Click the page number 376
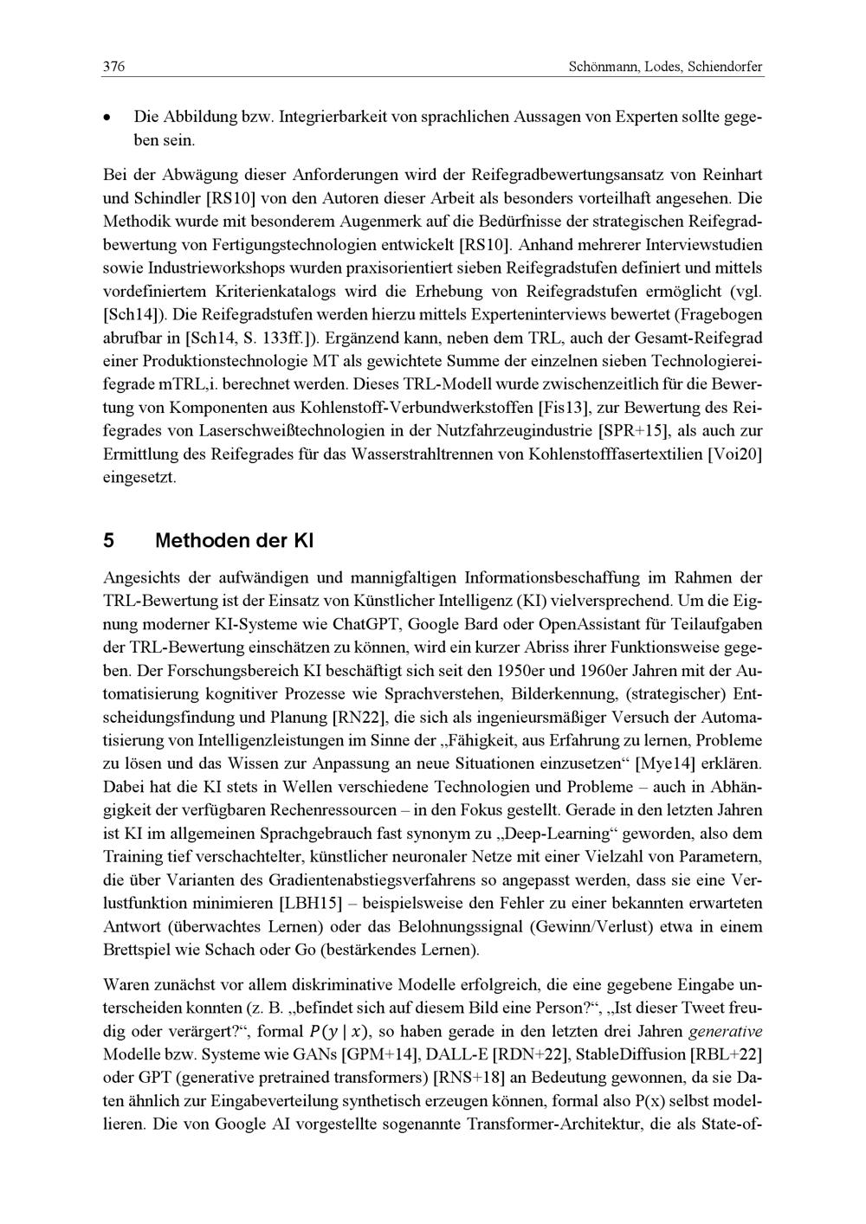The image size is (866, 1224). pyautogui.click(x=114, y=67)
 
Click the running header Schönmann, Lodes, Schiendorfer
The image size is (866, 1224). pyautogui.click(x=666, y=67)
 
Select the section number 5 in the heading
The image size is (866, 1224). pyautogui.click(x=109, y=541)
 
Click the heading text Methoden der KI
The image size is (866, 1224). pyautogui.click(x=234, y=541)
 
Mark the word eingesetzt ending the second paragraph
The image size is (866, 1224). pyautogui.click(x=139, y=476)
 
